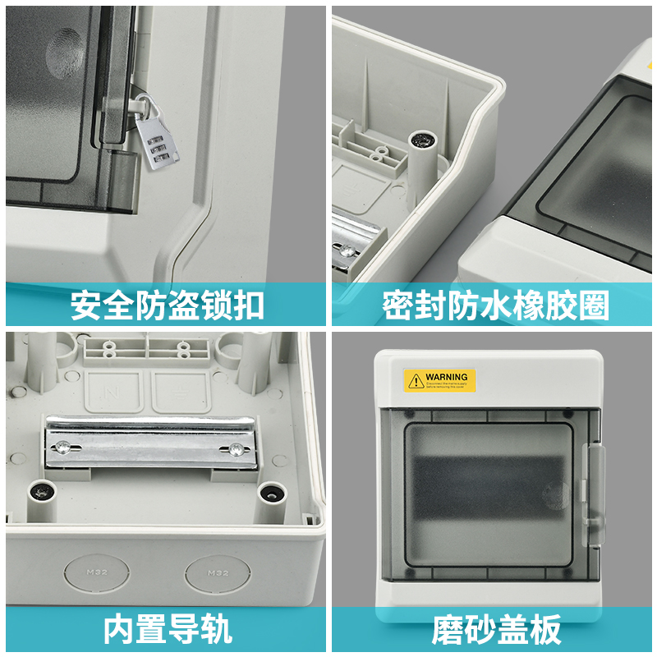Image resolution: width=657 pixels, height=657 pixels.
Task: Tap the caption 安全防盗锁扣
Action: pos(168,305)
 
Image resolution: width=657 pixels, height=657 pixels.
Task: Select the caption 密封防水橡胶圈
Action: pos(495,305)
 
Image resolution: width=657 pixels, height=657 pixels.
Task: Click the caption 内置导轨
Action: pos(168,629)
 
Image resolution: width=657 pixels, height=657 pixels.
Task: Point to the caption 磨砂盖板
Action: pos(495,629)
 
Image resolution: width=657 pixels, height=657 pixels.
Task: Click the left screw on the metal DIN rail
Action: pos(64,447)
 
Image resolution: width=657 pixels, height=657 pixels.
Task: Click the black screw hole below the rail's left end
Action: pos(39,491)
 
